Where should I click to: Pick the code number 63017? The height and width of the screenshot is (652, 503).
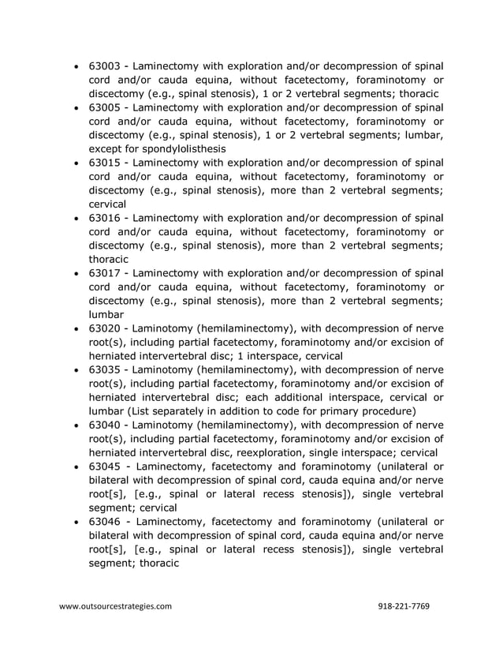tap(105, 272)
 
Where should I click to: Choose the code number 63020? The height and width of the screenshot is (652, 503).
tap(105, 328)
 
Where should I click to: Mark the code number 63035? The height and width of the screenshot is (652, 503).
tap(105, 369)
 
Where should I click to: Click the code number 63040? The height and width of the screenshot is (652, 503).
tap(105, 425)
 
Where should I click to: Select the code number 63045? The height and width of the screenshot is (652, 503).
tap(105, 466)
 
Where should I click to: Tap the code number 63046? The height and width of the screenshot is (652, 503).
tap(105, 522)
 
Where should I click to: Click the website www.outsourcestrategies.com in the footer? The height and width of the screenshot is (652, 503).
tap(115, 606)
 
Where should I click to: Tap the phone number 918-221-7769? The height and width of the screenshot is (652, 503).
tap(404, 606)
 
